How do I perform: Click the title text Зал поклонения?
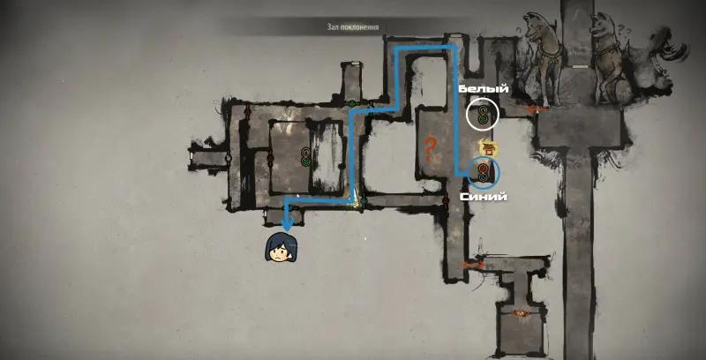point(352,27)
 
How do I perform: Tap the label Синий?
point(483,197)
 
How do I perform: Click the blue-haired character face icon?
point(280,247)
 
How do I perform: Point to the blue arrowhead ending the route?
point(287,222)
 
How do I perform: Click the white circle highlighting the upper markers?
point(483,115)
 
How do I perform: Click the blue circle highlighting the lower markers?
point(484,172)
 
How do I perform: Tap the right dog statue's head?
point(601,26)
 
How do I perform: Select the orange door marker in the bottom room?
point(521,312)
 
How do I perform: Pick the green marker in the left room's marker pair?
point(305,161)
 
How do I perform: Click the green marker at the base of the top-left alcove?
point(352,103)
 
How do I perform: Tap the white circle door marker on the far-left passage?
point(229,158)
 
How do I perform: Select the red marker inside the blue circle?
point(484,168)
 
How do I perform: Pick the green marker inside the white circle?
point(483,119)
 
